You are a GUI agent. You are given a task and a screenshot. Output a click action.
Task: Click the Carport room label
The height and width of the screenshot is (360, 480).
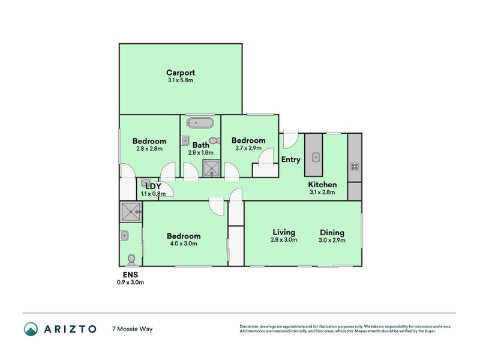[x=181, y=73]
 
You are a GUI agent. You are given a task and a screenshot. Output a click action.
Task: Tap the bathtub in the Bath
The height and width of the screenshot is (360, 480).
[x=200, y=123]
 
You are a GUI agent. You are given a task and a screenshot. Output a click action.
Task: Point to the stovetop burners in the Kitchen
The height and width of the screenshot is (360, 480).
[x=355, y=167]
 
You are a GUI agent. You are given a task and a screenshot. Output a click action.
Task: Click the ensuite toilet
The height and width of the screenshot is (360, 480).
[x=131, y=260]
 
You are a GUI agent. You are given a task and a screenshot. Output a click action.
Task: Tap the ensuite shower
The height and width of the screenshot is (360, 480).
[x=131, y=211]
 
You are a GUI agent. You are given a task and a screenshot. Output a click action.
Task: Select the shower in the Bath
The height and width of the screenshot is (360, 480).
[x=212, y=169]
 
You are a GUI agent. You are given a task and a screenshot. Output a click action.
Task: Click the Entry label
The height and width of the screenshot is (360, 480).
[x=291, y=160]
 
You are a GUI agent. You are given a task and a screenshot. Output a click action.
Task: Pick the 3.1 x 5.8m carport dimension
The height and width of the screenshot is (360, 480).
[x=181, y=80]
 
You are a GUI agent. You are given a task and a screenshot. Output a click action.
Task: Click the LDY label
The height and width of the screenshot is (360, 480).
[x=153, y=187]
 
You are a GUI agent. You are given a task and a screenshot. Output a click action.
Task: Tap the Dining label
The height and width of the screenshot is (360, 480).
[x=332, y=232]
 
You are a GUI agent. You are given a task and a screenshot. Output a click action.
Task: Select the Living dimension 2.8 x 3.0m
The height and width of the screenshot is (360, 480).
[x=284, y=239]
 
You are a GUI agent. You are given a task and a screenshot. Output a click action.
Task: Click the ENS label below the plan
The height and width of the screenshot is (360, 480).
[x=130, y=275]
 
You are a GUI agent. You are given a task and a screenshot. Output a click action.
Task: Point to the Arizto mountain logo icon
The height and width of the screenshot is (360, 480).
[x=31, y=329]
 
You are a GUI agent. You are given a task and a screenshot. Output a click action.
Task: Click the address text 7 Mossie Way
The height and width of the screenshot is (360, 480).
[x=132, y=329]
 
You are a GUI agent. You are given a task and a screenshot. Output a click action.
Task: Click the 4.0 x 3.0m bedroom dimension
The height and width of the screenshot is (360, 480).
[x=184, y=244]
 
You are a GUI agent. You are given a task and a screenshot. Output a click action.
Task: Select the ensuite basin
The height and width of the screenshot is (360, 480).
[x=124, y=235]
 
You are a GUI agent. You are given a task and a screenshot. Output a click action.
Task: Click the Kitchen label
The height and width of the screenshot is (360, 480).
[x=322, y=185]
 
